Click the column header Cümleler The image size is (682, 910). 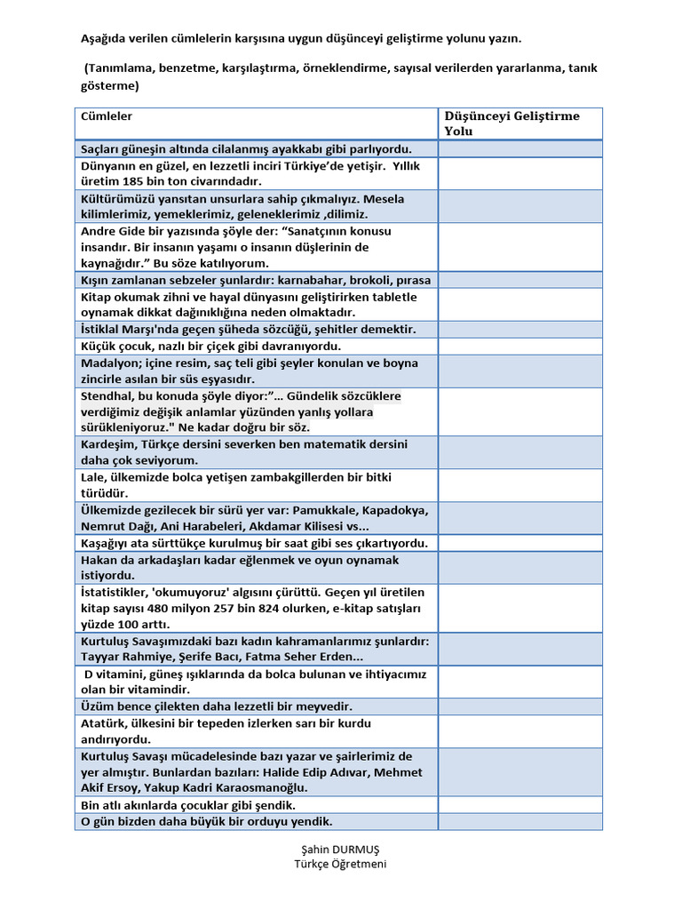(107, 116)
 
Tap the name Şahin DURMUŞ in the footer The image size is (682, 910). (341, 850)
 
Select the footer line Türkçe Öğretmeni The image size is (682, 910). (341, 864)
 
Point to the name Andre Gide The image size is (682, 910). (110, 231)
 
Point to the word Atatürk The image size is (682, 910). (104, 723)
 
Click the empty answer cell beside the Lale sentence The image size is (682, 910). (519, 485)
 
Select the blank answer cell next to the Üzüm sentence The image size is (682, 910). (519, 706)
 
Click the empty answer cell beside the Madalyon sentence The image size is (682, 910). (519, 371)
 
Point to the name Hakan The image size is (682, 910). (100, 560)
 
